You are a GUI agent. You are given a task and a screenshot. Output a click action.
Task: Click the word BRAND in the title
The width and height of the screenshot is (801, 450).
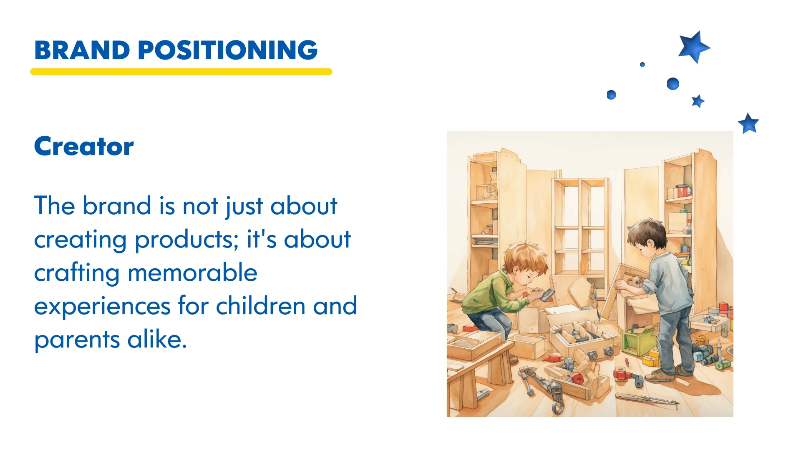(82, 50)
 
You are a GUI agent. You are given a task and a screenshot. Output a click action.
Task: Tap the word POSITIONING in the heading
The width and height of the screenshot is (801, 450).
(228, 50)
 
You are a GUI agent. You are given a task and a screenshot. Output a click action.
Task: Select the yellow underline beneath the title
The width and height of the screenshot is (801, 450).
(181, 72)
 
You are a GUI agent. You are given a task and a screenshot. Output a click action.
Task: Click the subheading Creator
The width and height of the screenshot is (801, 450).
(84, 146)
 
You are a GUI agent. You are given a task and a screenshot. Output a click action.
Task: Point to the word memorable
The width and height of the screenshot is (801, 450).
(192, 272)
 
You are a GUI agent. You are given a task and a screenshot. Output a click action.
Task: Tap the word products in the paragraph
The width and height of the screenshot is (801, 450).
(186, 240)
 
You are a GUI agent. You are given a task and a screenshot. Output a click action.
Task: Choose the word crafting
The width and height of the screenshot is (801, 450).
(77, 273)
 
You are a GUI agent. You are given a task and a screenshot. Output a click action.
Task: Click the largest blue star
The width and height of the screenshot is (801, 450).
(694, 47)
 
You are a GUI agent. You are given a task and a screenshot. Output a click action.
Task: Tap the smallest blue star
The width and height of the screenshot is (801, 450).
(698, 101)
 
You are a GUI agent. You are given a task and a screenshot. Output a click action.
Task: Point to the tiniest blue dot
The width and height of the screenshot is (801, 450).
(642, 65)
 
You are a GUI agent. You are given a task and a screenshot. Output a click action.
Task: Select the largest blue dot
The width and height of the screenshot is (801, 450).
(673, 84)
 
